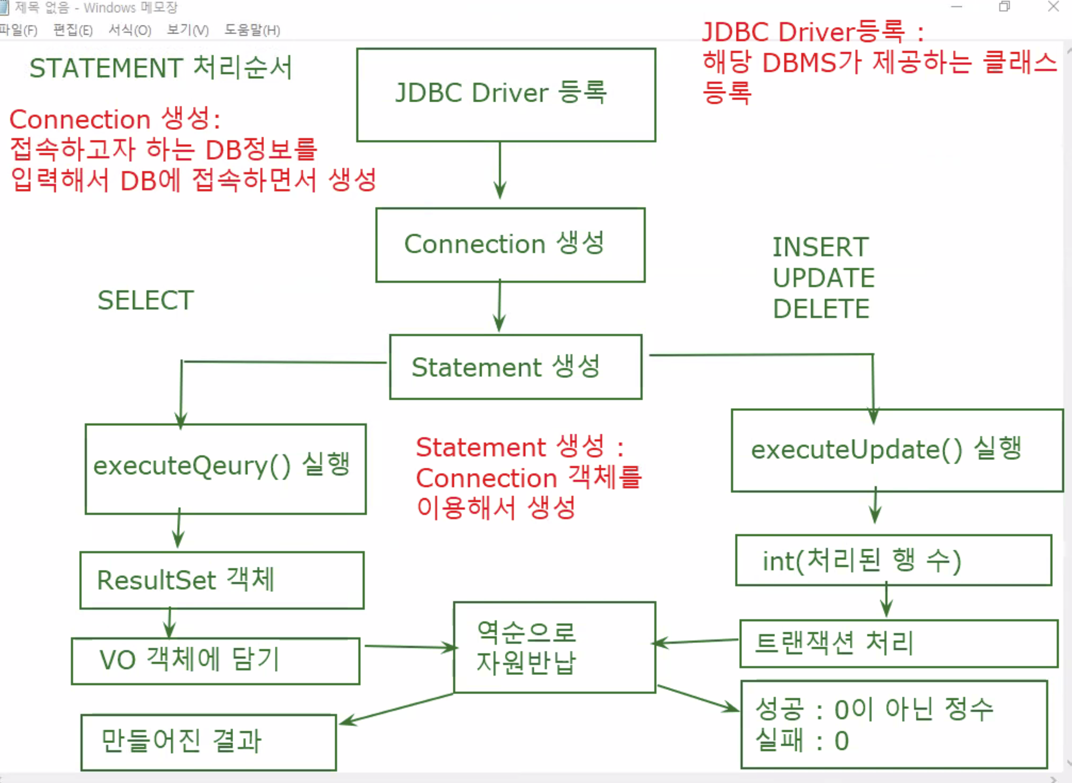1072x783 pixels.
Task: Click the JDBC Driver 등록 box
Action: point(506,95)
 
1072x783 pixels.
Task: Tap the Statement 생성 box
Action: point(516,367)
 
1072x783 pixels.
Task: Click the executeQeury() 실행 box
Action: point(226,469)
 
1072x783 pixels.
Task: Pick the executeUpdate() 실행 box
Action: point(897,451)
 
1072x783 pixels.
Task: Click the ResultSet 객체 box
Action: point(222,580)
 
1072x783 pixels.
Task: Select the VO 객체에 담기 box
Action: point(216,661)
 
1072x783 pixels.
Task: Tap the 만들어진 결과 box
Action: point(208,743)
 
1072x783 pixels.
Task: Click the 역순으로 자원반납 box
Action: point(555,648)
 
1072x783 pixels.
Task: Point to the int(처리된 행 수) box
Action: point(893,561)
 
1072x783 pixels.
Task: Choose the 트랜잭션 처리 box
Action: point(898,644)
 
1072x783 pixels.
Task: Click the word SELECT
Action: point(145,301)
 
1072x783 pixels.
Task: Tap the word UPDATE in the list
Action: point(824,278)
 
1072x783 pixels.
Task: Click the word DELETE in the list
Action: point(821,309)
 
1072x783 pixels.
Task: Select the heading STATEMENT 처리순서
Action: point(161,68)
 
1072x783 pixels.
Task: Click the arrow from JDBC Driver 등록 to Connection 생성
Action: point(500,171)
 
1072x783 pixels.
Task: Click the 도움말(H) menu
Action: point(252,30)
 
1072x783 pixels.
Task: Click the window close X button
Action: point(1053,7)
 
